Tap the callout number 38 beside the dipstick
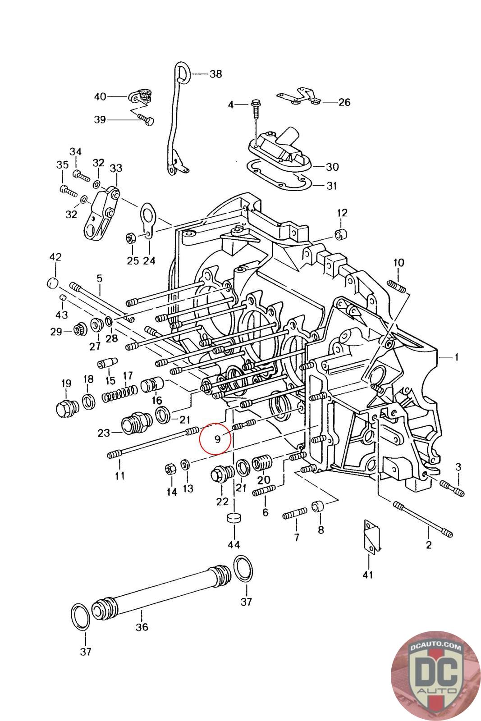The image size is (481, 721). point(215,73)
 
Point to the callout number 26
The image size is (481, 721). point(344,102)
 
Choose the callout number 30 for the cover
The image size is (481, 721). point(332,167)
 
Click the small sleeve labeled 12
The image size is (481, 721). point(341,235)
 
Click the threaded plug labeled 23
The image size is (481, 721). point(134,425)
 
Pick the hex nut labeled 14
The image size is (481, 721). point(170,469)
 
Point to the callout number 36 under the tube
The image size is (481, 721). point(142,627)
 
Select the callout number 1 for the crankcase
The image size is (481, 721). point(456,357)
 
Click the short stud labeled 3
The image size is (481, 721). point(452,488)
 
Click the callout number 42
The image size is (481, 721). point(55,257)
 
